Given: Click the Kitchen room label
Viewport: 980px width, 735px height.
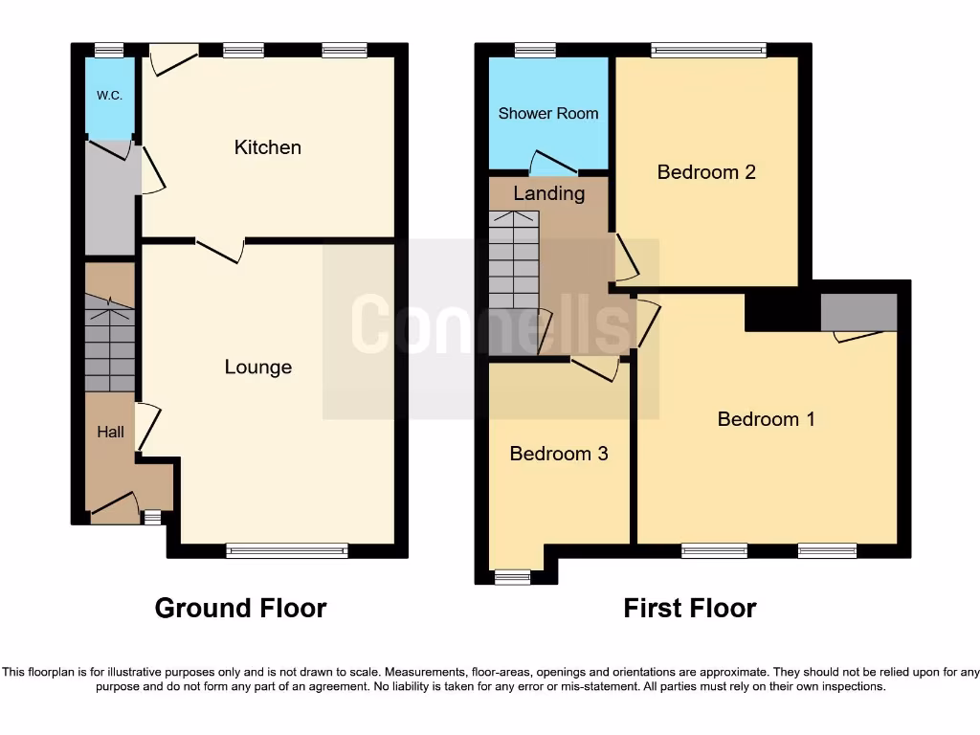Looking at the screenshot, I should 268,147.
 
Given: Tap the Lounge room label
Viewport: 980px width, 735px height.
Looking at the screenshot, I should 258,367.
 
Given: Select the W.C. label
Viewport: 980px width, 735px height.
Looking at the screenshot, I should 108,97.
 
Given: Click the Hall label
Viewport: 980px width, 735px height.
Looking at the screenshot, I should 110,433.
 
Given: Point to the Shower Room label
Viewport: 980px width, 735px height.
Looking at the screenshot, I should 548,114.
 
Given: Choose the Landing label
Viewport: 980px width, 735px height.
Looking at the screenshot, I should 548,193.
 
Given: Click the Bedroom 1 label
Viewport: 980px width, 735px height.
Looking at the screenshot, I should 766,419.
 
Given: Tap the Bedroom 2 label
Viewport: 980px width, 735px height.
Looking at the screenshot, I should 706,172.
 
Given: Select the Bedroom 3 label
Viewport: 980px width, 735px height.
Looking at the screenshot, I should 558,454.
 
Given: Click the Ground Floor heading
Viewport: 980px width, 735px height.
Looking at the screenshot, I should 240,608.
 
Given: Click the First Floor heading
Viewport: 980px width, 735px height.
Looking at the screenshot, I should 690,608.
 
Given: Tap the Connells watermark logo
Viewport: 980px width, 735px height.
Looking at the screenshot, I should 490,325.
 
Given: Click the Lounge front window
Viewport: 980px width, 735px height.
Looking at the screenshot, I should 287,550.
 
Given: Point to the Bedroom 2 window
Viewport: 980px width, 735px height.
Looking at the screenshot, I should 709,51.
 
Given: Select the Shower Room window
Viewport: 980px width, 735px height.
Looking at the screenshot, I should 535,51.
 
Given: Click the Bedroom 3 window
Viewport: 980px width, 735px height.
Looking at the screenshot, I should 512,576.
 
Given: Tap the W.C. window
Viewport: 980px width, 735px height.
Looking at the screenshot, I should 109,51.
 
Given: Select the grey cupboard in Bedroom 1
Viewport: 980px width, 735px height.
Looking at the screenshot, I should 858,312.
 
